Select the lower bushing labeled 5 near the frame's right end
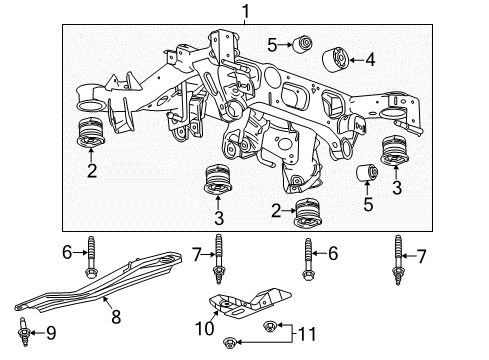tap(367, 177)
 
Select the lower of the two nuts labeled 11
tap(232, 344)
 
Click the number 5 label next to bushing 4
tap(272, 44)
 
